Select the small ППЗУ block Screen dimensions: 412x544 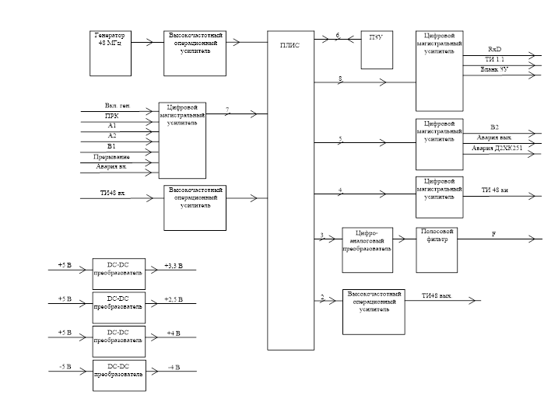pos(377,51)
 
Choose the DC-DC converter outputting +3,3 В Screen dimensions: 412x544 pos(118,268)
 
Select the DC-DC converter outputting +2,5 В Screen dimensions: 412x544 pos(118,302)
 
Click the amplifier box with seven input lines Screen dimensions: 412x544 pos(183,138)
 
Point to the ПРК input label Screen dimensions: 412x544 pos(113,114)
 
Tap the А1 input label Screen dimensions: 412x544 pos(113,124)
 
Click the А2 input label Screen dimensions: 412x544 pos(113,134)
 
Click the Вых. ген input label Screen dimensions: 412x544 pos(117,104)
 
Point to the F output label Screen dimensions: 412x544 pos(493,233)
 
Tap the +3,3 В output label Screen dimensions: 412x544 pos(173,266)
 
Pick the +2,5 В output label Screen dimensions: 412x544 pos(173,299)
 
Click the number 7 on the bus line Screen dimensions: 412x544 pos(228,110)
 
